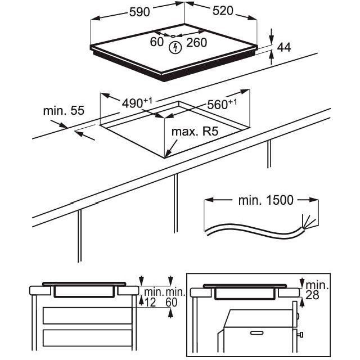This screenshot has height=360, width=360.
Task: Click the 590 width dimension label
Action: coord(139,12)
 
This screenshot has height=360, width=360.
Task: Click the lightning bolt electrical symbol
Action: coord(175,47)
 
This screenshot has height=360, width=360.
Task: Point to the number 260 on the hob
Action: coord(196,43)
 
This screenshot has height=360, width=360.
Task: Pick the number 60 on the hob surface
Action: coord(157,42)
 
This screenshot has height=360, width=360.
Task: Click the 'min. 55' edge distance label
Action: coord(64,111)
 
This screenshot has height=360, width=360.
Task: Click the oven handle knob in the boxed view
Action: coord(301,335)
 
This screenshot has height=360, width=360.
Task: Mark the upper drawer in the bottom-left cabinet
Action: coord(87,316)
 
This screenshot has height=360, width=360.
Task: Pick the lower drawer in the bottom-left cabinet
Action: coord(87,337)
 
